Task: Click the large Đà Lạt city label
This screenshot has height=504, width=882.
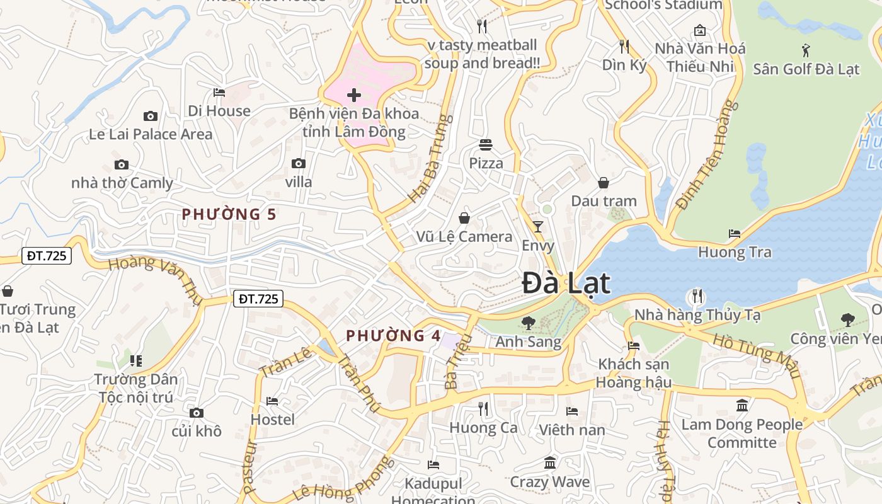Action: [566, 283]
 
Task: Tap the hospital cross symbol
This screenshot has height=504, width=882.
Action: [354, 95]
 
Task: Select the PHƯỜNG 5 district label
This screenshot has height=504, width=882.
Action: [229, 214]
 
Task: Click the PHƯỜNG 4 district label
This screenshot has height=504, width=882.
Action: [394, 335]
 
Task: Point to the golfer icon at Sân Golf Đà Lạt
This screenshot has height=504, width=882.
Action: [806, 49]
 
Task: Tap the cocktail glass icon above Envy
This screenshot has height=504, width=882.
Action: [537, 226]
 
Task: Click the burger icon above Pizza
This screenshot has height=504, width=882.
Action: [485, 145]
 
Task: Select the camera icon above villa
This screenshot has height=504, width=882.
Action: [299, 164]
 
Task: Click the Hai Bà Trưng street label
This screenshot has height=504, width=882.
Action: [431, 159]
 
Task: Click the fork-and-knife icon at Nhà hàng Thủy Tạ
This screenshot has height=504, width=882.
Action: [697, 295]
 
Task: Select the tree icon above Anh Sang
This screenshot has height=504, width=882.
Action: [528, 323]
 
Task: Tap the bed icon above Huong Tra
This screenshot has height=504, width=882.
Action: [735, 234]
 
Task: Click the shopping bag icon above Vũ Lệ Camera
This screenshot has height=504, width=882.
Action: [464, 218]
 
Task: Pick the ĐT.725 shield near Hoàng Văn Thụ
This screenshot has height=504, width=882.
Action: [47, 256]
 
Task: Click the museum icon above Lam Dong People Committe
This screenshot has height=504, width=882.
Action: [742, 405]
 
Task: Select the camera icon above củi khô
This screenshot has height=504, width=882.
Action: [197, 413]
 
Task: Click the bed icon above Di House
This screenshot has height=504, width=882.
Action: [219, 93]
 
